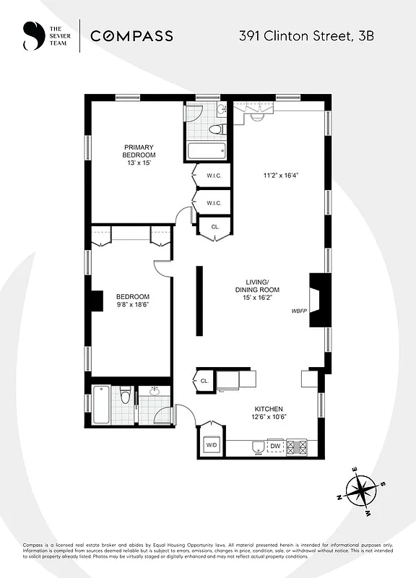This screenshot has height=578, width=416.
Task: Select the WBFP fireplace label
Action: [x=300, y=311]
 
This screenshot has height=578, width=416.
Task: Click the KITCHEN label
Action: [x=268, y=409]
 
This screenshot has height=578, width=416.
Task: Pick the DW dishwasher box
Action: [x=275, y=447]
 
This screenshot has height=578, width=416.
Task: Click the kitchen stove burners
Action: [x=296, y=447]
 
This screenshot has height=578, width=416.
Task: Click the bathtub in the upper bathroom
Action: [x=207, y=152]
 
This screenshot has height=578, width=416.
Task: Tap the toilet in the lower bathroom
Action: [x=125, y=397]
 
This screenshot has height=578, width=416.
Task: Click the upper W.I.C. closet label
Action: [x=213, y=175]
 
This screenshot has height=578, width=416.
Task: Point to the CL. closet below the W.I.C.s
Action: [x=215, y=227]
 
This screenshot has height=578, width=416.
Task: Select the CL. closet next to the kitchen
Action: [x=204, y=381]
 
